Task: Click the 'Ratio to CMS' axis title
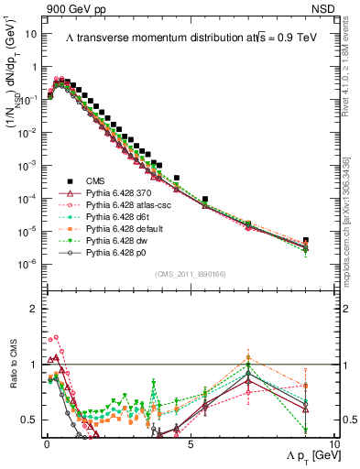20,382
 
